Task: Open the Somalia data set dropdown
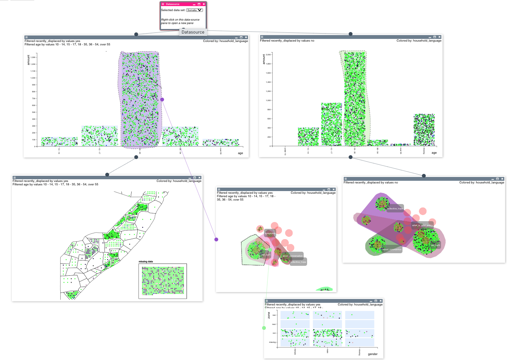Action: [x=195, y=10]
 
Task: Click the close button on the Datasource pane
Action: [x=204, y=4]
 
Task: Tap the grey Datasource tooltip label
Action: [x=193, y=32]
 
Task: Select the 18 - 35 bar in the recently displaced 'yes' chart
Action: [x=140, y=99]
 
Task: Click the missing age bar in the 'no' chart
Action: [x=424, y=130]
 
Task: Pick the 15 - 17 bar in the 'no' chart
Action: [x=332, y=124]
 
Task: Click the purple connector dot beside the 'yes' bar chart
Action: [x=162, y=100]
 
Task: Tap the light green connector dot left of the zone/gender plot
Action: [x=264, y=328]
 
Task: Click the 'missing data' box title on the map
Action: [x=146, y=262]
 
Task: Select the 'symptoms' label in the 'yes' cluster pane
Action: [x=270, y=233]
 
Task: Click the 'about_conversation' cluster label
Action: [x=293, y=256]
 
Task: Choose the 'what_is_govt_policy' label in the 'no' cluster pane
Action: [x=422, y=225]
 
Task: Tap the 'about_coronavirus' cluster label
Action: [x=392, y=249]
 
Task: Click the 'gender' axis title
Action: [x=373, y=354]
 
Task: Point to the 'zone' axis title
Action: [x=269, y=315]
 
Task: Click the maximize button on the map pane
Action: [x=195, y=178]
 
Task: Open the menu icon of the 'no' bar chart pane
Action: [x=262, y=37]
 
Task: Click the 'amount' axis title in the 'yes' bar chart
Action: [x=29, y=60]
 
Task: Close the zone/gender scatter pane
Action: [x=380, y=301]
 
